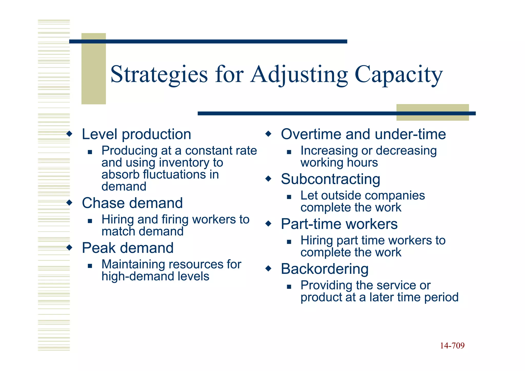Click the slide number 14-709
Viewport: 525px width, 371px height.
tap(452, 346)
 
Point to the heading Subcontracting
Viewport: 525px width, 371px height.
tap(330, 179)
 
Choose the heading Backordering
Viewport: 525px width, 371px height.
tap(325, 269)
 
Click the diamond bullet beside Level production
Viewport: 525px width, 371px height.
tap(69, 134)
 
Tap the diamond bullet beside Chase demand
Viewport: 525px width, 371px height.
tap(69, 203)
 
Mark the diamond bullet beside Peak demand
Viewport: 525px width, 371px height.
tap(69, 247)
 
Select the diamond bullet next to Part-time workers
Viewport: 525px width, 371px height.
tap(268, 224)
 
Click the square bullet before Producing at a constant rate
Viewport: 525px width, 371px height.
tap(90, 152)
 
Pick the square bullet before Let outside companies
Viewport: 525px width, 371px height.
tap(289, 197)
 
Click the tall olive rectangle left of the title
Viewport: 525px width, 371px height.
tap(94, 69)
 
